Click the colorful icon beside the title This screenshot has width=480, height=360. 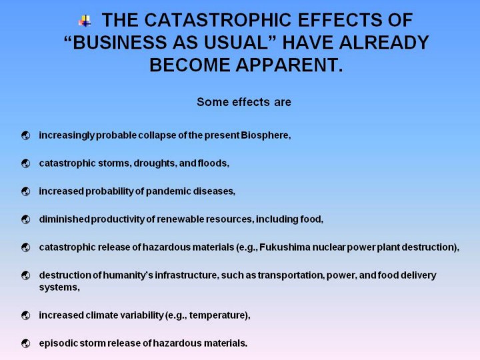pos(85,21)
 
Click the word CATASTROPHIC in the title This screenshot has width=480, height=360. pos(217,20)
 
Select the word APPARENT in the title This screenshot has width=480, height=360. pos(289,65)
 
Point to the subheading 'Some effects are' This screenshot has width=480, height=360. pos(244,102)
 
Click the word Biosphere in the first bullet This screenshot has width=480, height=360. pos(265,135)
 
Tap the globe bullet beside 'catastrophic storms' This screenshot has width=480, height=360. pos(26,163)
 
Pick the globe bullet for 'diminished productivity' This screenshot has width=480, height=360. pos(26,219)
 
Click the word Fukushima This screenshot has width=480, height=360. pos(285,247)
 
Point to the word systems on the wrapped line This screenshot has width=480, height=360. pos(59,287)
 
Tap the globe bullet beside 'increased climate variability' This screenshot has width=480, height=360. pos(26,315)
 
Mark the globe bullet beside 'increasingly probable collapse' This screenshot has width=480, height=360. pos(26,135)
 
